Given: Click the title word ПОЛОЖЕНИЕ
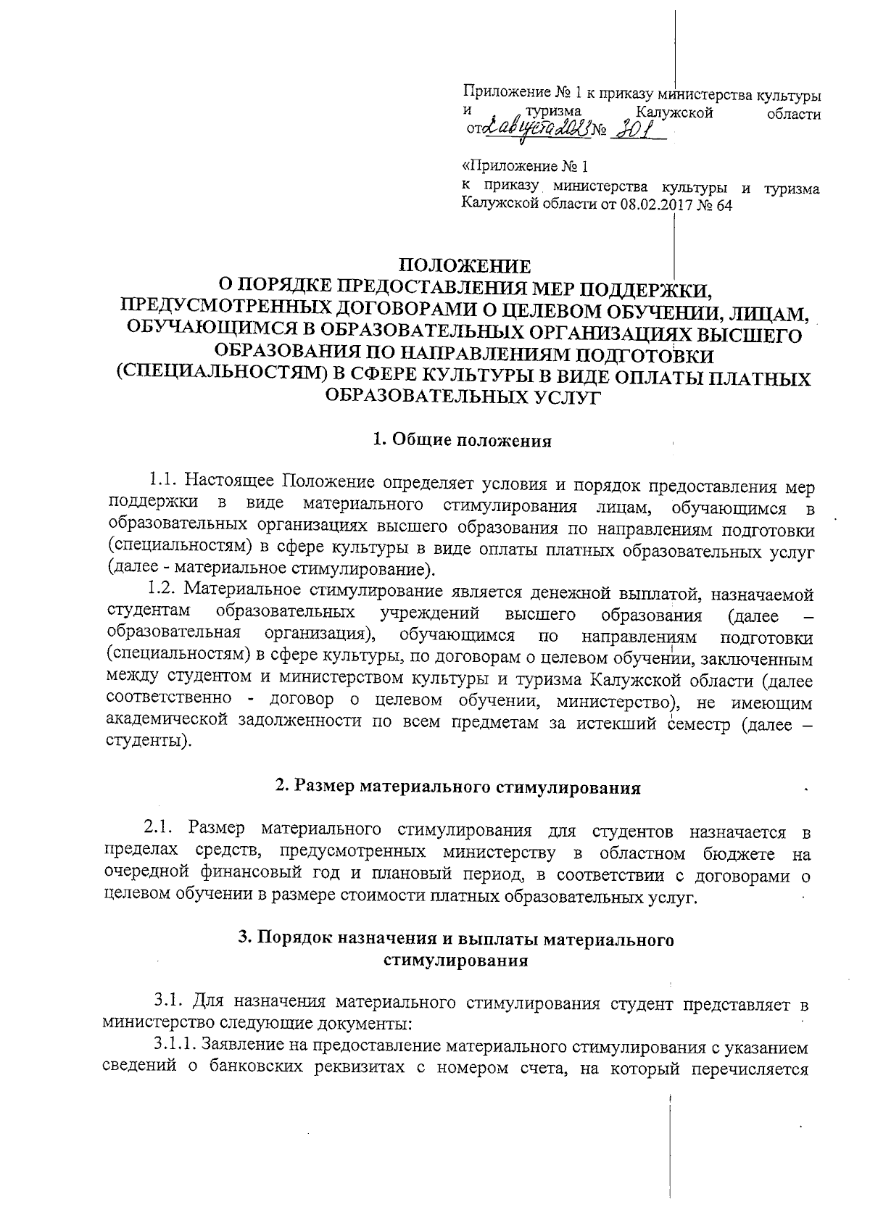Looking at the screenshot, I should click(x=466, y=266).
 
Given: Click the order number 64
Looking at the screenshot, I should click(x=723, y=205).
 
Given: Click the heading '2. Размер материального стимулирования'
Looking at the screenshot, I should click(x=458, y=788).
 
